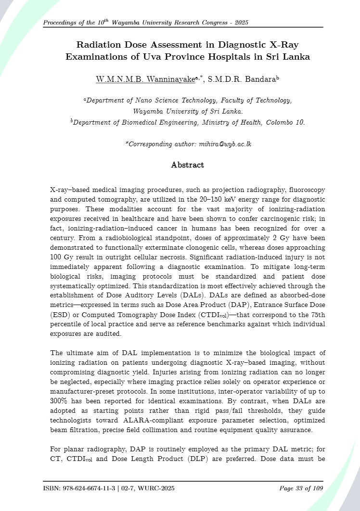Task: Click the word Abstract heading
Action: coord(187,165)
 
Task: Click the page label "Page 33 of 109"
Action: coord(301,489)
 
